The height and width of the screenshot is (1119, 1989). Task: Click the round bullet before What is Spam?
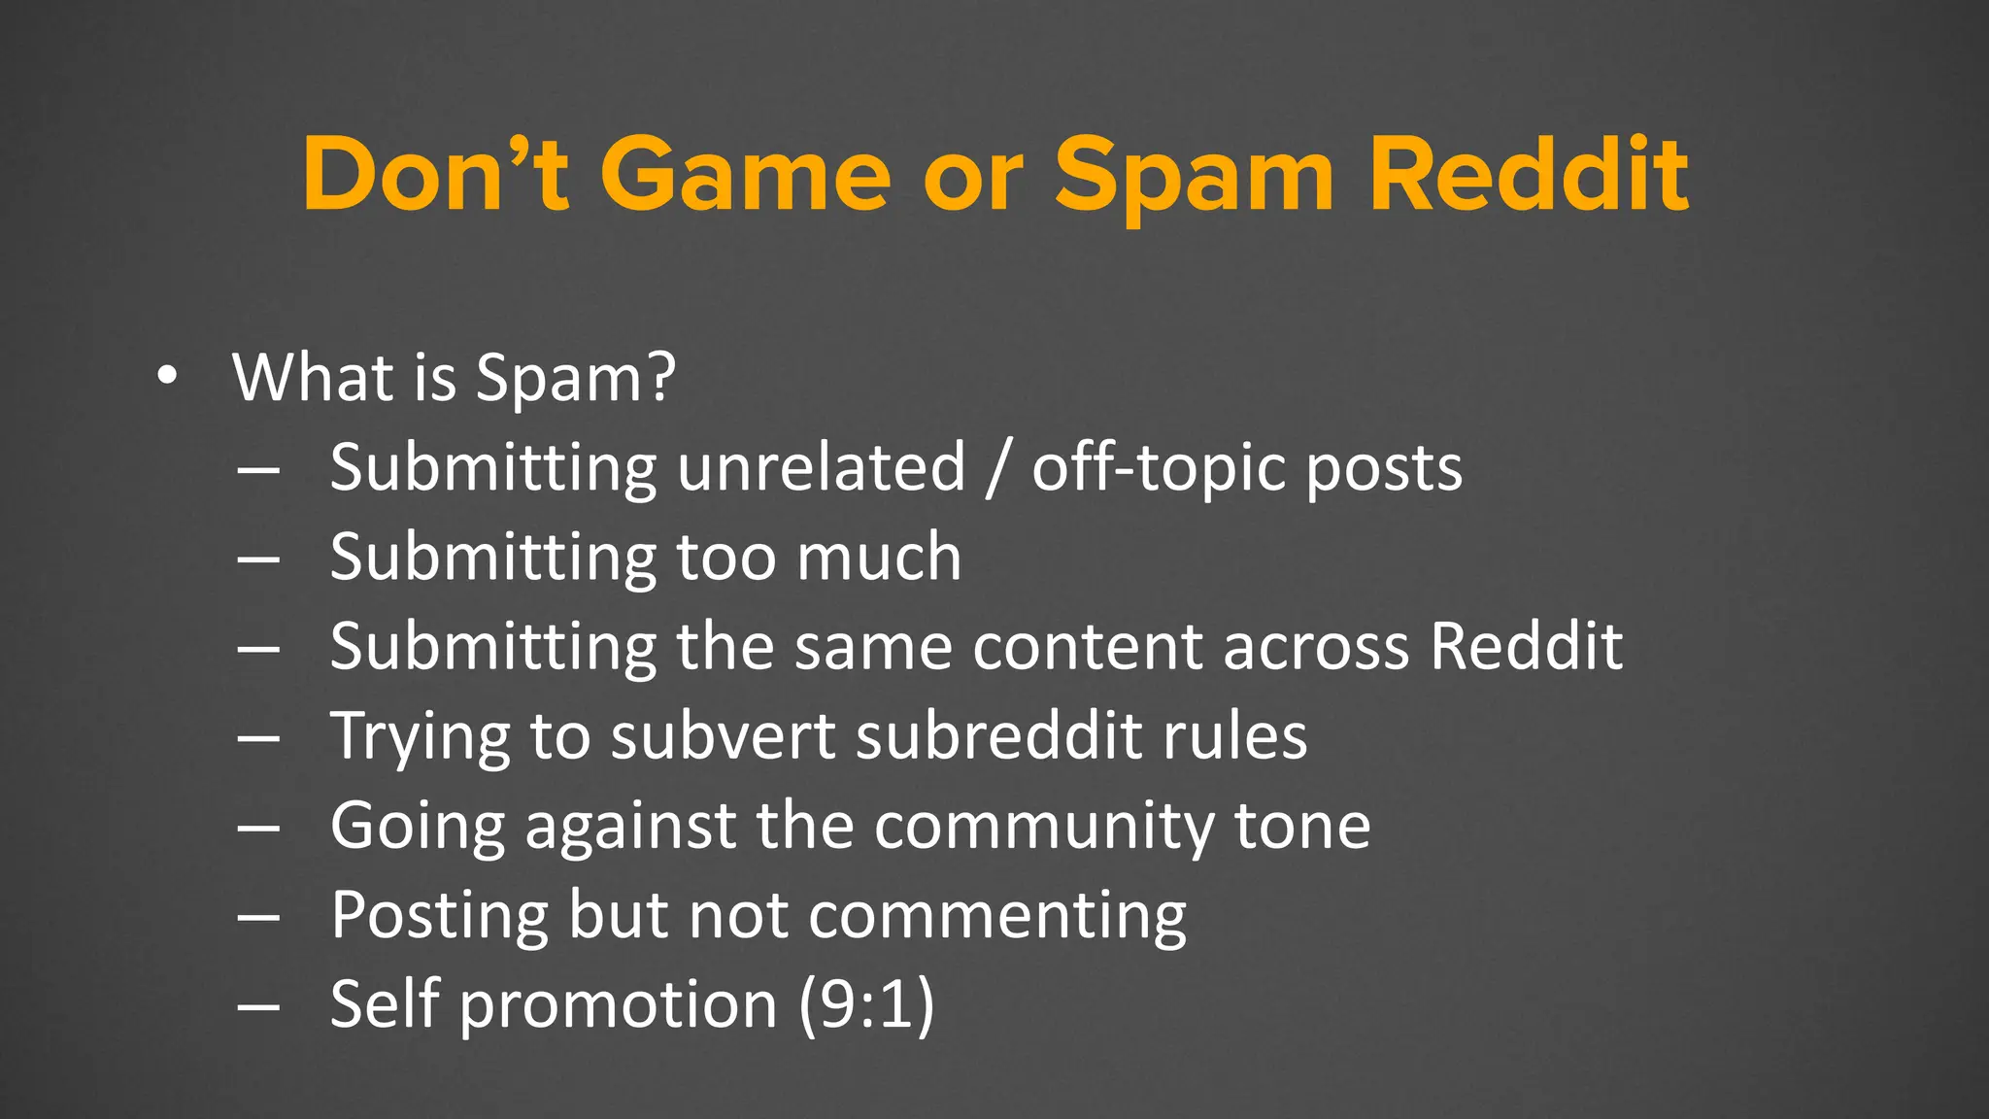coord(167,377)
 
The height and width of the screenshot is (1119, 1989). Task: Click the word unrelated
coord(821,468)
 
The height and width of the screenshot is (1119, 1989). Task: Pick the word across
coord(1315,647)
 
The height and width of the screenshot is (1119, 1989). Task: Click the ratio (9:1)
coord(865,1004)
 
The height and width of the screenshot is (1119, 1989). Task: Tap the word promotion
coord(618,1004)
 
